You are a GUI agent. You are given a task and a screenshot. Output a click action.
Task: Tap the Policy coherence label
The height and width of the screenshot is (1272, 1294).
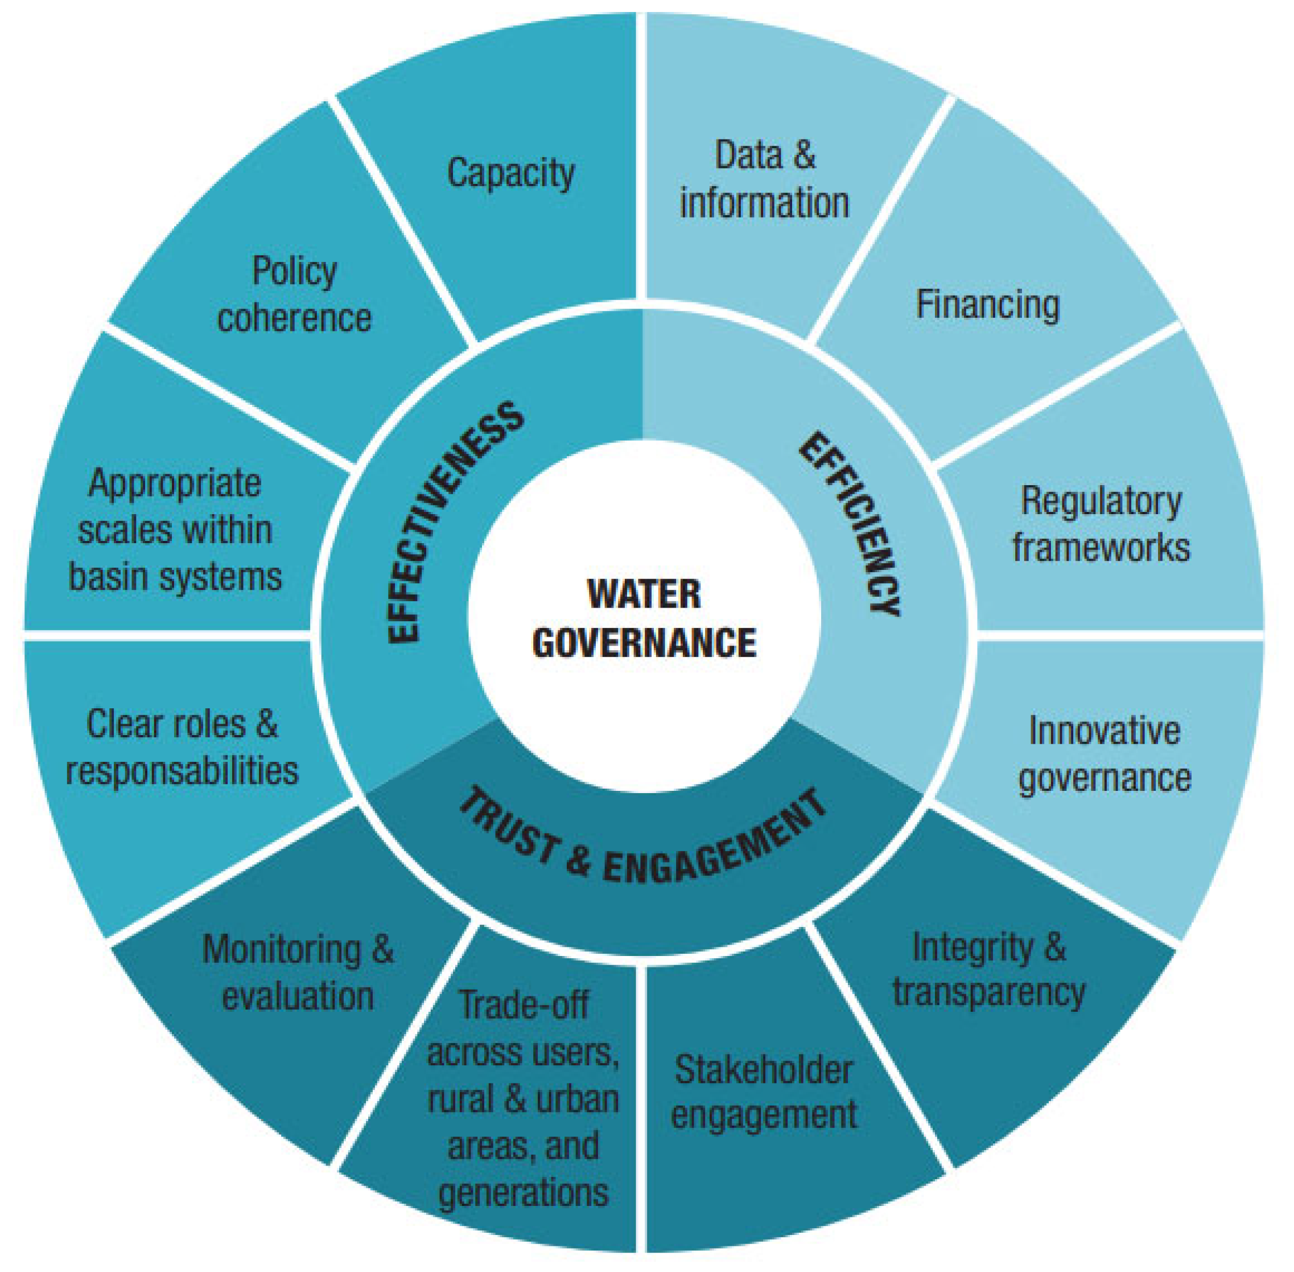[x=294, y=294]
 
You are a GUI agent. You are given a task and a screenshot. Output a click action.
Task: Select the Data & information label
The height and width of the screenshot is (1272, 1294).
[x=765, y=179]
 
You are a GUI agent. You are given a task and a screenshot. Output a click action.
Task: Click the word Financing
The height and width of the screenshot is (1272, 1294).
[x=987, y=305]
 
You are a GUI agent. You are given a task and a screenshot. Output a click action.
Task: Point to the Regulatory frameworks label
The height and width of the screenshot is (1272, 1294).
[x=1101, y=524]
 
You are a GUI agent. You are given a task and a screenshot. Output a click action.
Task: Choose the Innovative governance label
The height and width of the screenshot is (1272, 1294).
[x=1105, y=754]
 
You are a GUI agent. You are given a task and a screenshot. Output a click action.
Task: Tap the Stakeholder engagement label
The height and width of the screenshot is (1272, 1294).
[x=764, y=1092]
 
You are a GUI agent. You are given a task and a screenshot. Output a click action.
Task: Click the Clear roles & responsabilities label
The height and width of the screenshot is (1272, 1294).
[x=182, y=748]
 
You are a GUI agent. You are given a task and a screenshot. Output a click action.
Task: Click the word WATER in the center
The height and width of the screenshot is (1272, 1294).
[x=644, y=593]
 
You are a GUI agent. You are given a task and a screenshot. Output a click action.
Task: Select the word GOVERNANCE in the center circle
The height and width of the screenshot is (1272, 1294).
[x=644, y=642]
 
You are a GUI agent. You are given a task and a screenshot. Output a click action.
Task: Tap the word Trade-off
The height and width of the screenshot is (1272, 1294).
[x=524, y=1004]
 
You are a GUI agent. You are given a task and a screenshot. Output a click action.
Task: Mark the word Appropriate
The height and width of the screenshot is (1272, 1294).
[x=175, y=483]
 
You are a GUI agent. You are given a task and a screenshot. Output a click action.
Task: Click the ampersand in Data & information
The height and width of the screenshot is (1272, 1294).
[x=805, y=155]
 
